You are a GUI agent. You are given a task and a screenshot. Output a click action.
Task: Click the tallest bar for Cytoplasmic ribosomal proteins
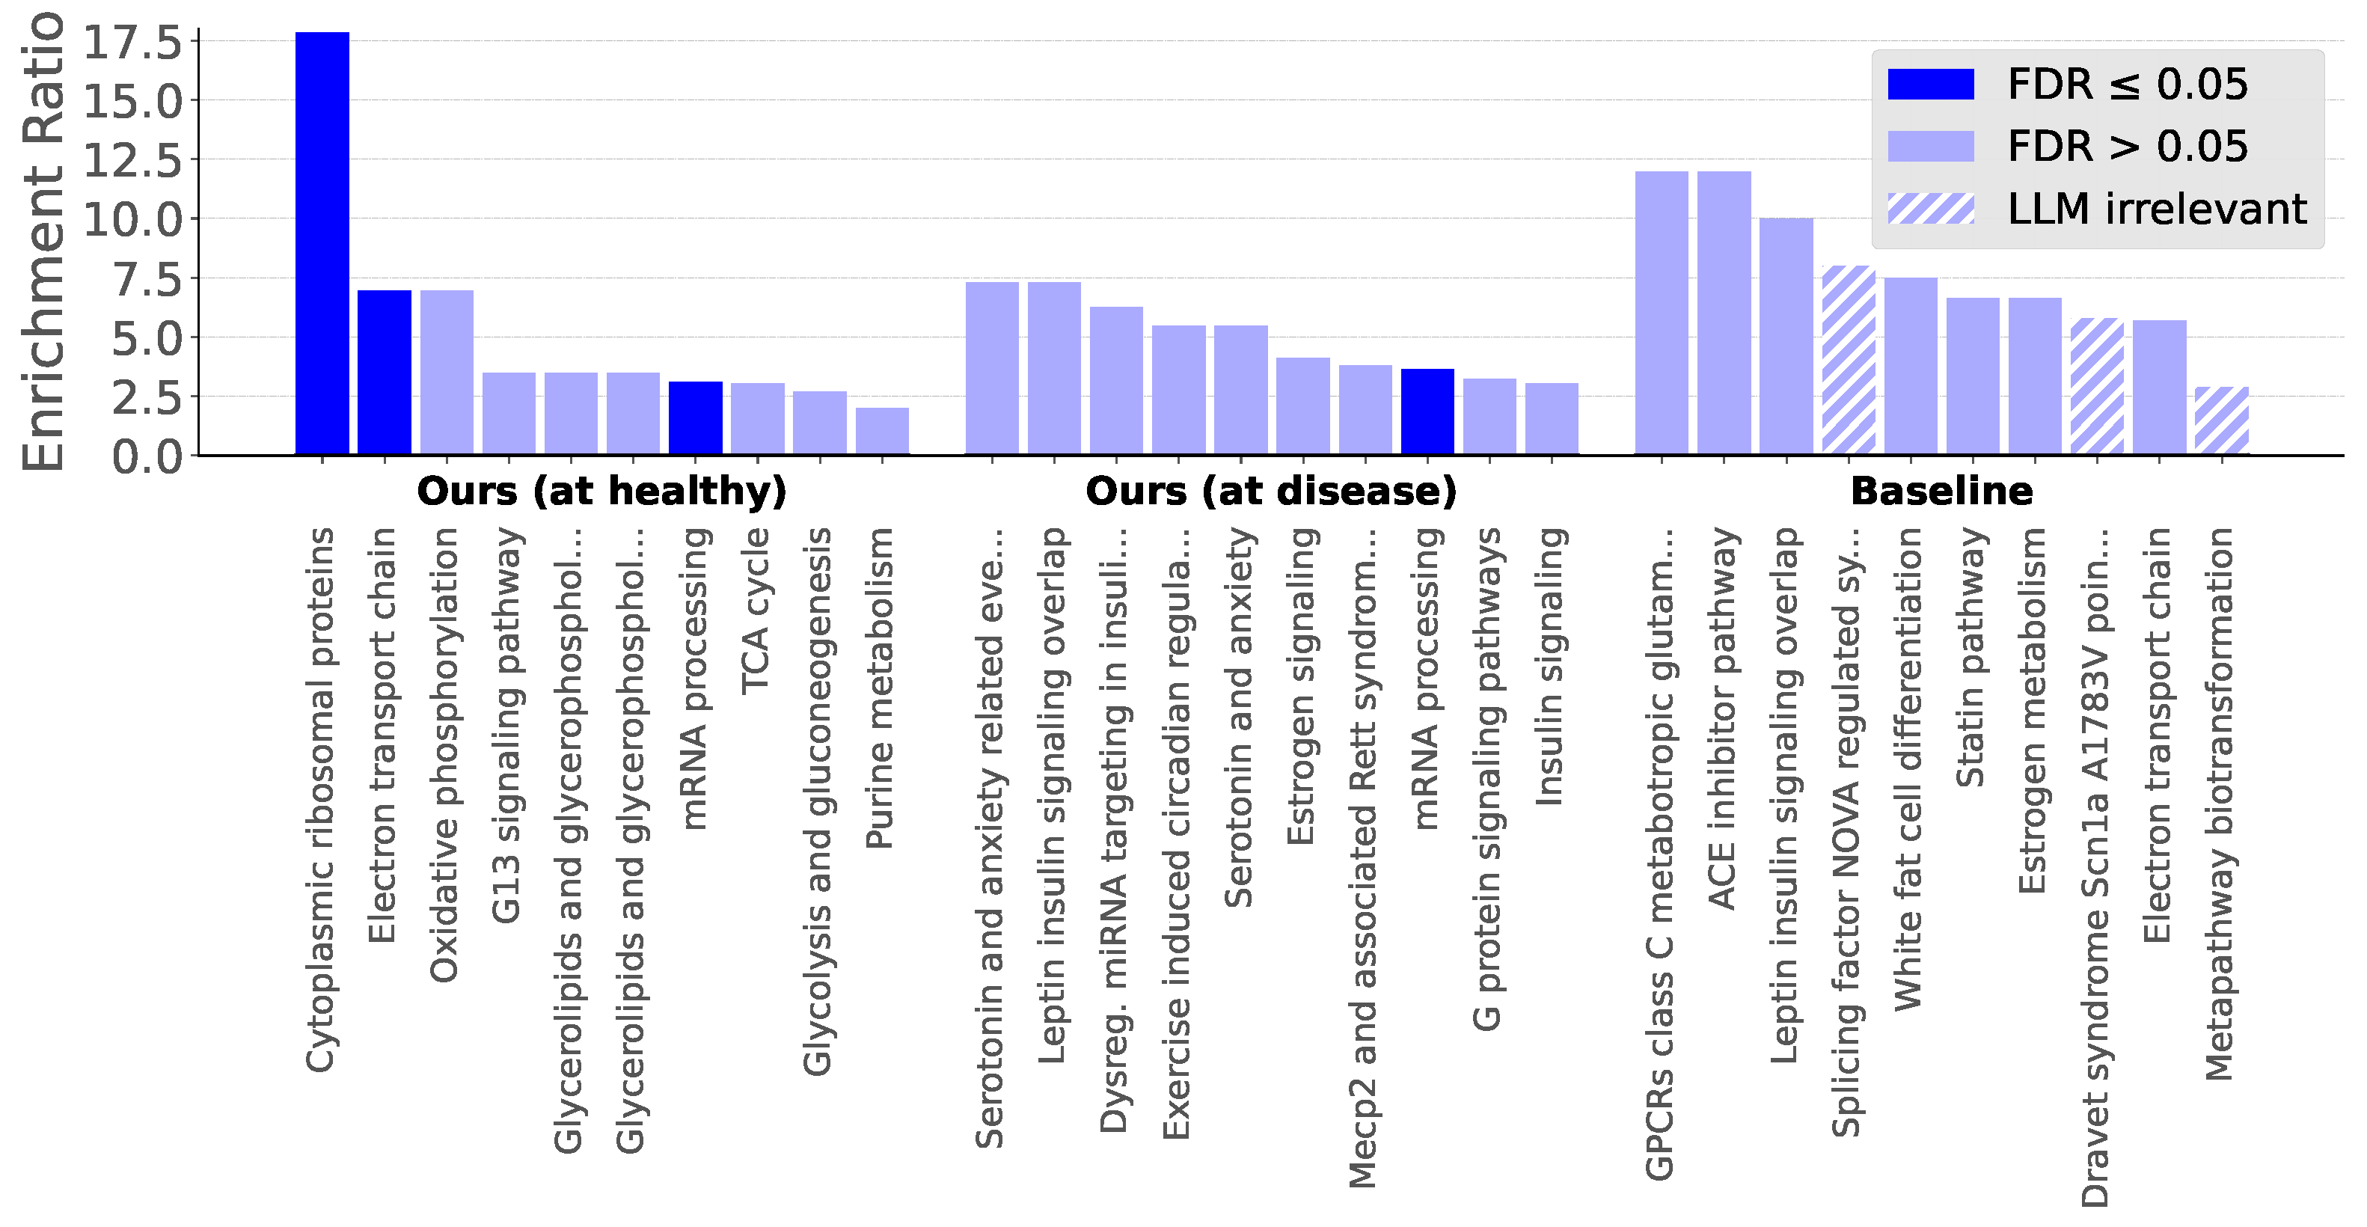(x=322, y=244)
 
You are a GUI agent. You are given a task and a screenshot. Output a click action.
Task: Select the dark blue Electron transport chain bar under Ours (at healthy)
(x=384, y=373)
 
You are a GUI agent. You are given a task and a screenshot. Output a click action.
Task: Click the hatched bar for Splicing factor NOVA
(x=1848, y=361)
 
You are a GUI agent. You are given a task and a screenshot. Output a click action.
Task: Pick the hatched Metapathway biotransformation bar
(x=2221, y=421)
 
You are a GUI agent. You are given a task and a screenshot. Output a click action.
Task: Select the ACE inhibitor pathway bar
(x=1724, y=313)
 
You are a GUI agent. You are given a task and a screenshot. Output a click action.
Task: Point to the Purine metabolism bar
(x=882, y=431)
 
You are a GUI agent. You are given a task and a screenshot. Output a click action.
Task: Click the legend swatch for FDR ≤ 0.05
(x=1931, y=84)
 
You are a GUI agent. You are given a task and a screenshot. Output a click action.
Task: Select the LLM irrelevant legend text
(x=2156, y=209)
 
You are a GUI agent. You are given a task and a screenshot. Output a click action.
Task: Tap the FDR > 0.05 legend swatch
(x=1931, y=146)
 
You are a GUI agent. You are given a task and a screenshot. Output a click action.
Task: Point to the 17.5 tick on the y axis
(x=134, y=43)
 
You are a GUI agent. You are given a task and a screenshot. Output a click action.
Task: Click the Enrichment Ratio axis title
(x=44, y=241)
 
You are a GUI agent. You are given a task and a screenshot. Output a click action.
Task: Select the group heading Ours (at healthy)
(x=602, y=491)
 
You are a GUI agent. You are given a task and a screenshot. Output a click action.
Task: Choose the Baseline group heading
(x=1941, y=491)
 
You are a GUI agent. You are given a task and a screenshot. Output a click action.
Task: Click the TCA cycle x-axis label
(x=756, y=611)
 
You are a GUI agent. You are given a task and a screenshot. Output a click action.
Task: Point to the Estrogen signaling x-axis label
(x=1301, y=685)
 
